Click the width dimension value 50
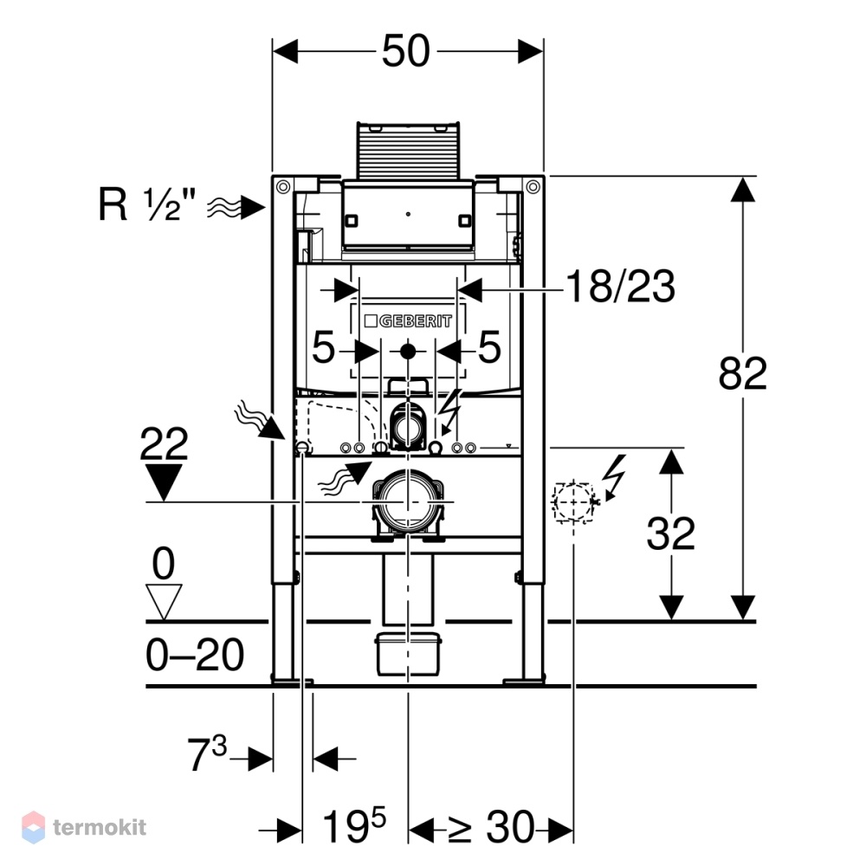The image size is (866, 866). [x=406, y=51]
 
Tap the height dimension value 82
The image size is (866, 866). [x=743, y=373]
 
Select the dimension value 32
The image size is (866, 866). [x=670, y=533]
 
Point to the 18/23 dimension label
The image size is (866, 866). [x=620, y=286]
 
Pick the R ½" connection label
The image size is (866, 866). [x=147, y=204]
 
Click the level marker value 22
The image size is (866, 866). [x=164, y=444]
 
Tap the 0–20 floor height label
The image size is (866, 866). [x=194, y=655]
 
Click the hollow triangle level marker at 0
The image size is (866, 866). [x=164, y=602]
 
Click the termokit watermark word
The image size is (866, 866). [x=100, y=827]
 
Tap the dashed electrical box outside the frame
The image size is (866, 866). [x=574, y=502]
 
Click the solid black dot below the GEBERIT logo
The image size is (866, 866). [x=408, y=352]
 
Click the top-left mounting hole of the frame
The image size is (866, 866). [x=283, y=187]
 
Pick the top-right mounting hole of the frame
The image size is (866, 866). [x=533, y=187]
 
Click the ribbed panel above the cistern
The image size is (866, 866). [x=408, y=150]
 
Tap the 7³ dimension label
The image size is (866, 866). [x=207, y=754]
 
